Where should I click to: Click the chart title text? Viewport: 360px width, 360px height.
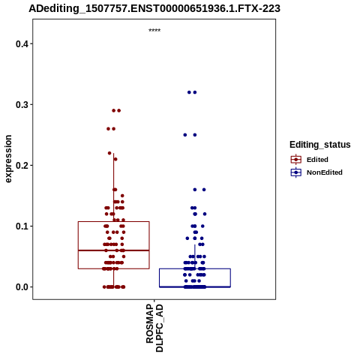pos(154,8)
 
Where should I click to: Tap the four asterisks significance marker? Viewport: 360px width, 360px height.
pos(154,31)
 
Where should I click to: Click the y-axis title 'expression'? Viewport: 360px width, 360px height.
pos(8,159)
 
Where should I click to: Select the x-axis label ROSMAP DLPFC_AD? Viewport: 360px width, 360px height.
pos(154,328)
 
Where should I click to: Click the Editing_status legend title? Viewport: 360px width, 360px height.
pos(320,145)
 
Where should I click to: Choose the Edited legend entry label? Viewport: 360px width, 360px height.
pos(317,160)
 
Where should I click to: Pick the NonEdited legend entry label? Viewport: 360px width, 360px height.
pos(325,172)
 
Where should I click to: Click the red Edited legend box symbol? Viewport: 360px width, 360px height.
pos(296,160)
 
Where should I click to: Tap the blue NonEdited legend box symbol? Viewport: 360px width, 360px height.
pos(296,172)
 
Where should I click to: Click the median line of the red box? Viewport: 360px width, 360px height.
pos(114,250)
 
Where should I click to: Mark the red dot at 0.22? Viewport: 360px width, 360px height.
pos(109,153)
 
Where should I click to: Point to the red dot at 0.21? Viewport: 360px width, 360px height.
pos(115,159)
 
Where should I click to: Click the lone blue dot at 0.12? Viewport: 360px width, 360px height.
pos(205,214)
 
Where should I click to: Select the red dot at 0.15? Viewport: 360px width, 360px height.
pos(122,196)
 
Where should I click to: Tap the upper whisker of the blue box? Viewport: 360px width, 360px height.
pos(195,256)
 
